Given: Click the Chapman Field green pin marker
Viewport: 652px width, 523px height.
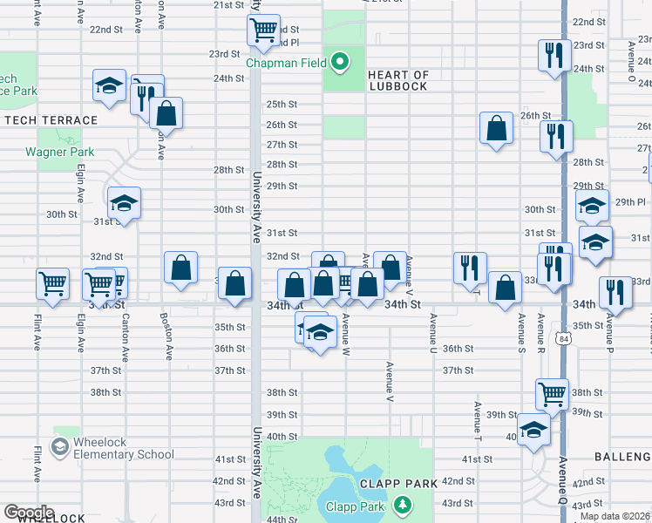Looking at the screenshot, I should (341, 62).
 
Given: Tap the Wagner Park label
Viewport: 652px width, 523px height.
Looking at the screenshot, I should (59, 152).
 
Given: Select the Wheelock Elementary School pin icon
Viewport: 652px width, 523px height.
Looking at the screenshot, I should (60, 447).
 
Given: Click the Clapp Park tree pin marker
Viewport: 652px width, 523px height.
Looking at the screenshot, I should (402, 505).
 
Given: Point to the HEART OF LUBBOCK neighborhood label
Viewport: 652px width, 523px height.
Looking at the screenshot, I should (398, 80).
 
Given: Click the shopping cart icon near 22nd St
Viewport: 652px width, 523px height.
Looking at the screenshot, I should (262, 30).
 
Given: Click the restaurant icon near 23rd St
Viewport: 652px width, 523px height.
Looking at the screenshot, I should (554, 55).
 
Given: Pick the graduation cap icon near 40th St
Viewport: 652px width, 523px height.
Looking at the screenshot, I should (533, 428).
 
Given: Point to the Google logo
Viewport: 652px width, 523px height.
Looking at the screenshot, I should (29, 513).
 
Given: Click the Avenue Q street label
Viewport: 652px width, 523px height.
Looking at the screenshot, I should (563, 479).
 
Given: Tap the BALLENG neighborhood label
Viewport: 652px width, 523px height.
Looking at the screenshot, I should (622, 457).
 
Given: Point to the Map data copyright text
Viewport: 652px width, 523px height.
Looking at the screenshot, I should (615, 516).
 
